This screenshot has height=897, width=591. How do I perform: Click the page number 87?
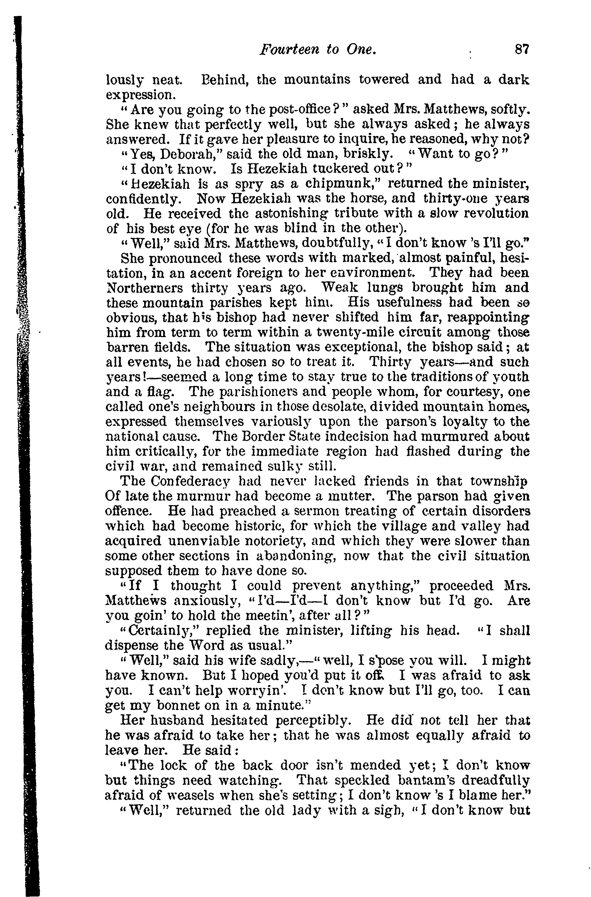click(x=522, y=49)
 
